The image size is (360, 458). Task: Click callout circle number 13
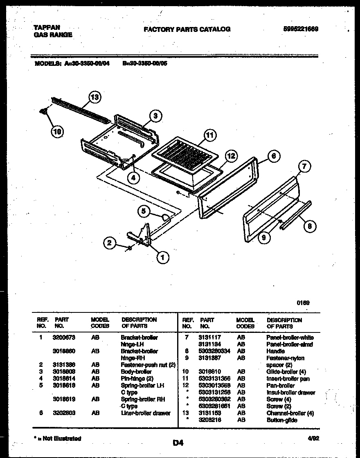[94, 97]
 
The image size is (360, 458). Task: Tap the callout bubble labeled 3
[155, 116]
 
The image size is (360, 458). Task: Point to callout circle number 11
[210, 135]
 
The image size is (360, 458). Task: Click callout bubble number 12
[231, 156]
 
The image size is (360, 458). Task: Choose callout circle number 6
[274, 156]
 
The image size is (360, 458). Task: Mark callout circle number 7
[304, 166]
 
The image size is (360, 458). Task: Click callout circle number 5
[144, 211]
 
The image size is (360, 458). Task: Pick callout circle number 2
[109, 243]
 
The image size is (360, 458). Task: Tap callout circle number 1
[162, 257]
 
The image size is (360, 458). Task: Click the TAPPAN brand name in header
[44, 28]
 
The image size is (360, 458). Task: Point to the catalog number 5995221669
[300, 29]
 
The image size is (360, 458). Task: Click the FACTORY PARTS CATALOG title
[187, 29]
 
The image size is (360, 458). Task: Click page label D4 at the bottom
[178, 442]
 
